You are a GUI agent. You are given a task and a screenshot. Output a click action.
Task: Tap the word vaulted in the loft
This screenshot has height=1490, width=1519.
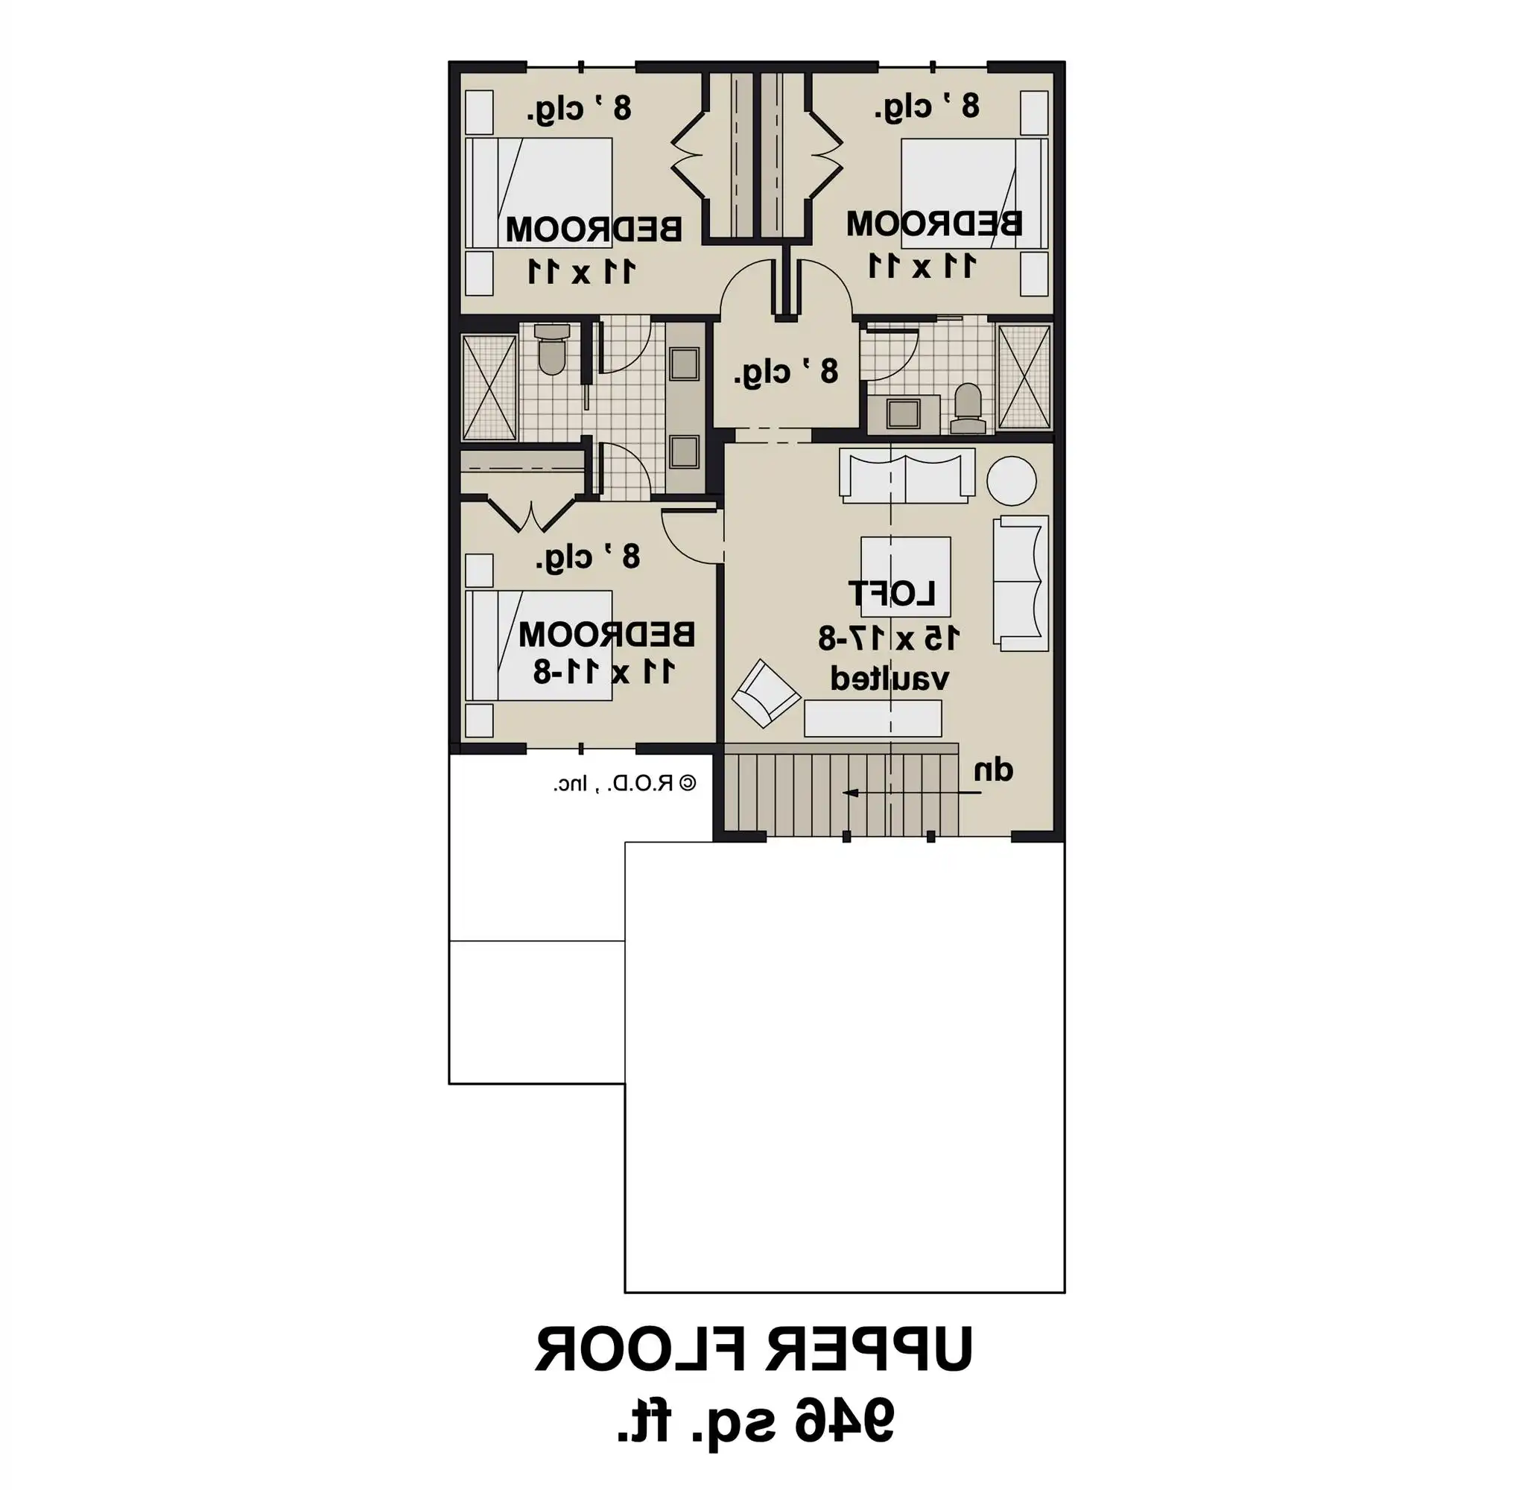tap(889, 678)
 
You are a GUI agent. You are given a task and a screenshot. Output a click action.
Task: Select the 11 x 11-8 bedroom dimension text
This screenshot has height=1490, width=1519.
tap(603, 671)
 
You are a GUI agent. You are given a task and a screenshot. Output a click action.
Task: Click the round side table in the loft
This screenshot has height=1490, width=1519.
tap(1011, 481)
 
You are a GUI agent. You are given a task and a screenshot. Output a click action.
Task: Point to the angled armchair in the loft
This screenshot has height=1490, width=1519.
tap(764, 693)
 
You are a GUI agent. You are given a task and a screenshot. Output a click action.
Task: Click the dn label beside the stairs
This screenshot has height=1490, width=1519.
tap(993, 771)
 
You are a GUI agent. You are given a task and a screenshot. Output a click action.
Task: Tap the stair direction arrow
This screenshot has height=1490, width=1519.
tap(912, 793)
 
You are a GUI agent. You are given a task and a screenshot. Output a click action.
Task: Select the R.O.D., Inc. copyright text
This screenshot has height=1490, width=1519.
tap(624, 783)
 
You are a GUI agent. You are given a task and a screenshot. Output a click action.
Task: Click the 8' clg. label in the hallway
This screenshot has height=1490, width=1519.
tap(786, 372)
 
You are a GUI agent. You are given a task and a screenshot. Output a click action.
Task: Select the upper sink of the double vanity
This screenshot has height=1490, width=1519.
tap(684, 364)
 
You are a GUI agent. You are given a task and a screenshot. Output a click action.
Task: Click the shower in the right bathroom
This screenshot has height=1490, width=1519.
tap(1024, 377)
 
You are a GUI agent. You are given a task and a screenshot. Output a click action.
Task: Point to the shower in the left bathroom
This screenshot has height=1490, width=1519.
tap(489, 387)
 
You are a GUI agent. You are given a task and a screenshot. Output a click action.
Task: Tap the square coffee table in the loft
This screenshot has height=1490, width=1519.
tap(905, 576)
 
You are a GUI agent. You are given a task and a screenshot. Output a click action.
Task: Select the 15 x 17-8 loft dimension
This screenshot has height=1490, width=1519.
tap(888, 638)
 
